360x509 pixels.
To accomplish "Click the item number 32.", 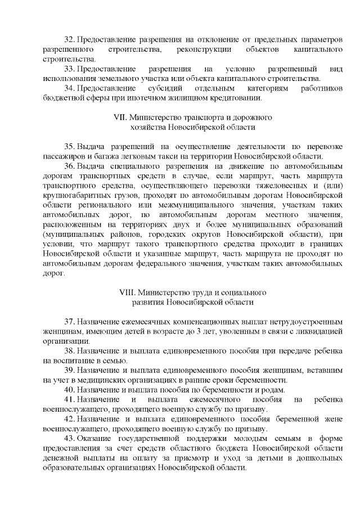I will pyautogui.click(x=70, y=41).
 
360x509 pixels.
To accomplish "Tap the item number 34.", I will pyautogui.click(x=70, y=89).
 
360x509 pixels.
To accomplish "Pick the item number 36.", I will pyautogui.click(x=70, y=165).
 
